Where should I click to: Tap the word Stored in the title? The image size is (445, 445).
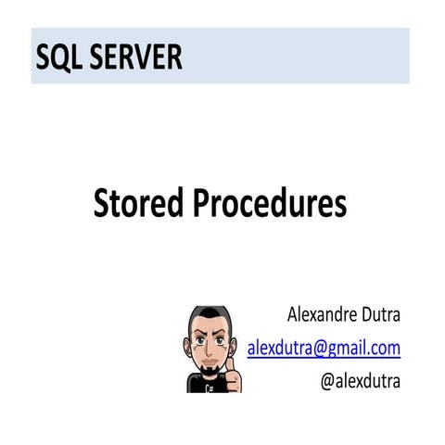click(x=138, y=203)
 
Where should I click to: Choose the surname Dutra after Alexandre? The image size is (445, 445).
click(x=379, y=316)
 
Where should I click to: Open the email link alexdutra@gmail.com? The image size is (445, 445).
click(x=324, y=349)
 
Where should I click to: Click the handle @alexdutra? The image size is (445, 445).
click(x=361, y=381)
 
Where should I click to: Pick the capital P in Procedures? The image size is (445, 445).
click(x=201, y=203)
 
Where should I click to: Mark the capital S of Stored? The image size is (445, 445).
click(x=101, y=203)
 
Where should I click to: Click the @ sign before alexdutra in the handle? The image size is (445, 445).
click(x=328, y=381)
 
